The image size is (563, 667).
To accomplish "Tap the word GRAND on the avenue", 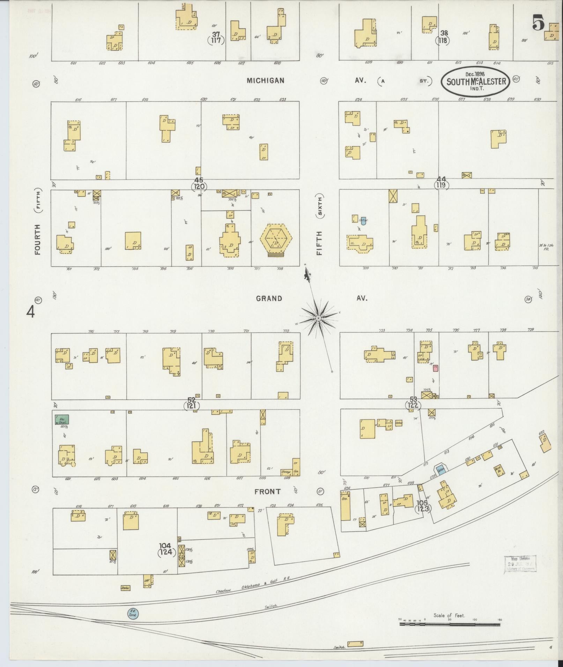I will [x=269, y=298].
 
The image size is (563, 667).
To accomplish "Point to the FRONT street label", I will [x=267, y=492].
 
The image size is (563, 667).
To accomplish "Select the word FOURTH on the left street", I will [x=38, y=239].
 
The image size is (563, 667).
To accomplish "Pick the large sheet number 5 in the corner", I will [x=539, y=23].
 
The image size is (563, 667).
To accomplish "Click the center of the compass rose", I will [x=318, y=319].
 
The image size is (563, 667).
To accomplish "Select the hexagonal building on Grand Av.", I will [x=276, y=240].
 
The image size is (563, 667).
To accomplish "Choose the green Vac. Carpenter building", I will [x=61, y=419].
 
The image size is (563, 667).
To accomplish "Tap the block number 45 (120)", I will [x=199, y=184].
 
